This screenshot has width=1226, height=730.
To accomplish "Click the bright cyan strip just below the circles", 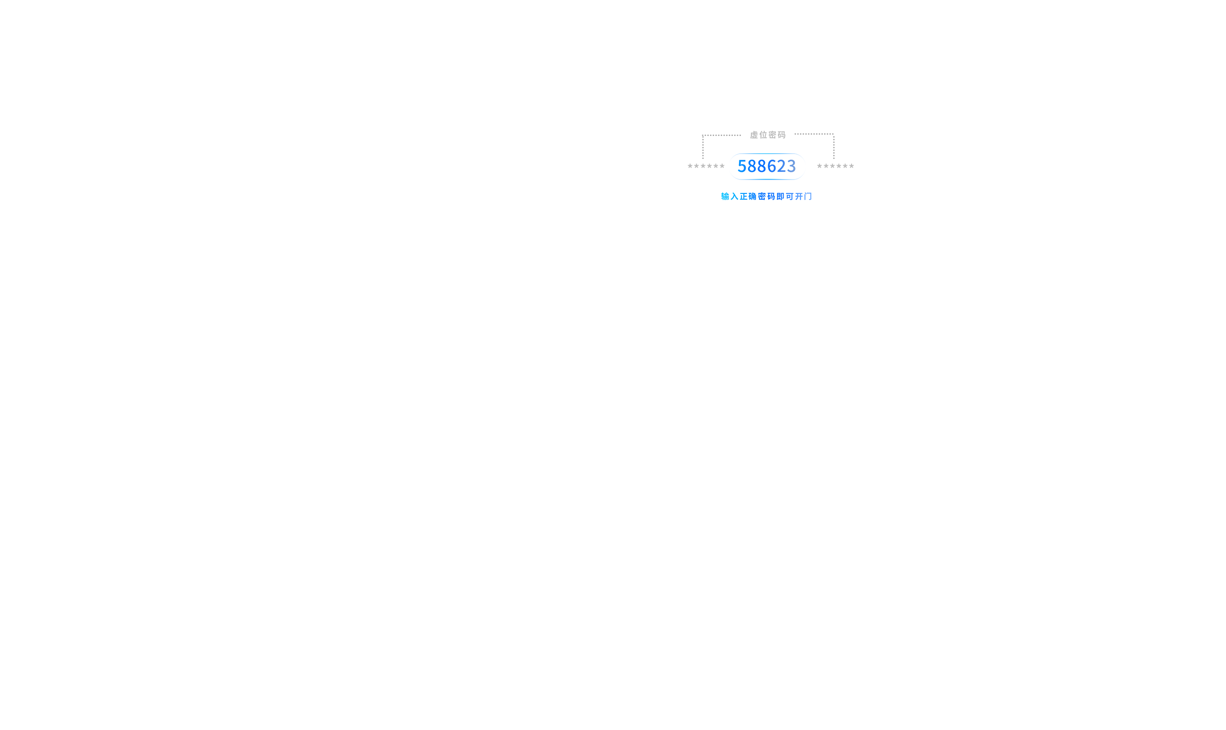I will point(767,178).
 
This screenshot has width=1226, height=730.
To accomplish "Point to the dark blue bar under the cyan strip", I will point(767,183).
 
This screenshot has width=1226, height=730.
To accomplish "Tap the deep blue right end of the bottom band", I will point(822,194).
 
